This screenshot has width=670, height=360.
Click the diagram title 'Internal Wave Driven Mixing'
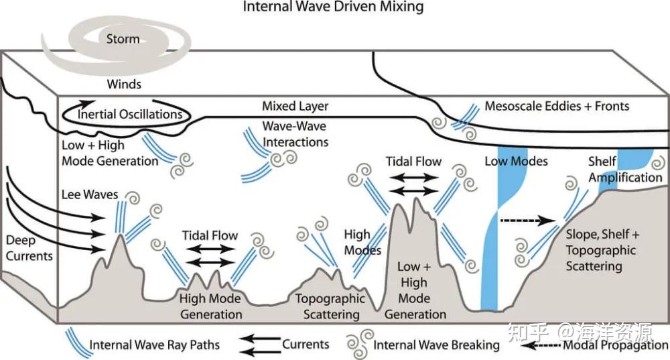(333, 7)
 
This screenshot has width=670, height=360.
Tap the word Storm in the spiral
(123, 39)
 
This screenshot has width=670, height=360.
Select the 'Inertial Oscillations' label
(130, 114)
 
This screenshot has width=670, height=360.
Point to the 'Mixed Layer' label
(295, 106)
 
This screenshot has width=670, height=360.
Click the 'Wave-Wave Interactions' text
(295, 134)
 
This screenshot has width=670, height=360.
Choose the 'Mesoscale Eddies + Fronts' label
(557, 106)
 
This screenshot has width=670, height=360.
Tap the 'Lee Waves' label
(90, 194)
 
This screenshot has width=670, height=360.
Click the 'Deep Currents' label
(29, 248)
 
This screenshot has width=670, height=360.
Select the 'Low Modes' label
(516, 161)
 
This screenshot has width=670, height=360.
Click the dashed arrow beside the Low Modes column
(528, 221)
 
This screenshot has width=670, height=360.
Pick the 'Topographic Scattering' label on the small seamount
(330, 306)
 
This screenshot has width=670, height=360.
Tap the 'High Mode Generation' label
(210, 306)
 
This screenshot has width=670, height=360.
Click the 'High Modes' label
(362, 242)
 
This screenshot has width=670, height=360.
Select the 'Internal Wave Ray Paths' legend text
(154, 345)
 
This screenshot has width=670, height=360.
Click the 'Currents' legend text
(306, 344)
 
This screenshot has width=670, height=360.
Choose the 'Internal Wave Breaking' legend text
(436, 345)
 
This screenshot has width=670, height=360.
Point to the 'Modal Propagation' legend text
(616, 345)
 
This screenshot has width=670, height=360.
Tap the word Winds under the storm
(124, 84)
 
